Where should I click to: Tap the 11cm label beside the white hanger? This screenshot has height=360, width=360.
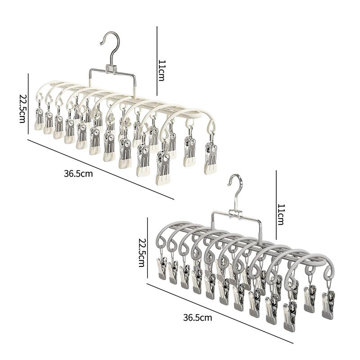tap(162, 71)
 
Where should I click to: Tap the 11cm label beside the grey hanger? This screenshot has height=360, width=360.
tap(281, 214)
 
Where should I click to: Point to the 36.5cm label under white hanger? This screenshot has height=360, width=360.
tap(78, 174)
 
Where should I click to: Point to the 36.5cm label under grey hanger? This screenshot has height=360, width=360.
tap(198, 318)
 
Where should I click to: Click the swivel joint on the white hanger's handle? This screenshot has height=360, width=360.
tap(111, 69)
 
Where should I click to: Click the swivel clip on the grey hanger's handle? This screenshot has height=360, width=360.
tap(236, 214)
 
